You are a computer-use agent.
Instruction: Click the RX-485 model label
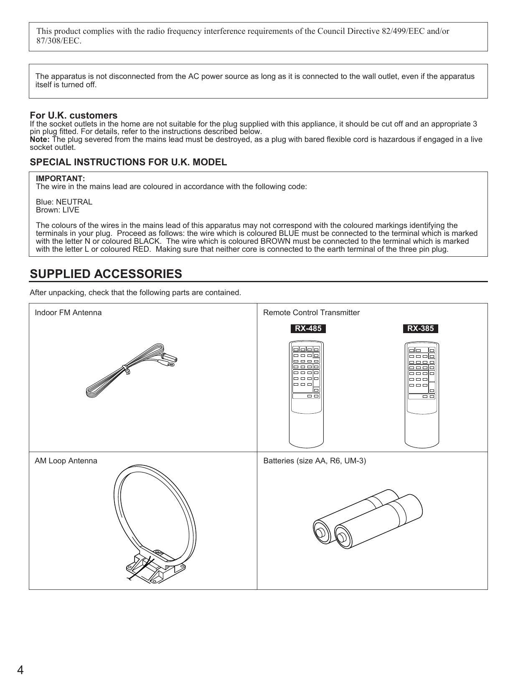(x=308, y=329)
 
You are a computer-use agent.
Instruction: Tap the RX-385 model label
(x=420, y=329)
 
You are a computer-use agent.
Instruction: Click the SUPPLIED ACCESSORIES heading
(x=106, y=274)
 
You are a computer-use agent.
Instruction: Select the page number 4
(x=20, y=670)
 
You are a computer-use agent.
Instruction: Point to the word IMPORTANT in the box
(x=60, y=179)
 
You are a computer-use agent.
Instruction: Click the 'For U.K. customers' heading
(x=74, y=115)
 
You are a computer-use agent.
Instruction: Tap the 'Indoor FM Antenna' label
(x=68, y=313)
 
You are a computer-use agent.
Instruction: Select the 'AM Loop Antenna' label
(x=66, y=461)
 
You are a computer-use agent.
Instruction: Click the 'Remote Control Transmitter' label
(x=311, y=313)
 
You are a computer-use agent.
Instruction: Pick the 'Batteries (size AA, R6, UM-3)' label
(x=315, y=461)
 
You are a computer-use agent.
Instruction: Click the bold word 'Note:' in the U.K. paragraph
(x=40, y=139)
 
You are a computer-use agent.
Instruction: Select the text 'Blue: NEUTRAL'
(x=64, y=202)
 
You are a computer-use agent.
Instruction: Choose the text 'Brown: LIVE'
(x=58, y=210)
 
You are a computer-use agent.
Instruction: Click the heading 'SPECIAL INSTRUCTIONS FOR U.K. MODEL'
(x=128, y=162)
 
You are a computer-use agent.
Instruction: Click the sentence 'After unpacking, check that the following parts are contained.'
(x=135, y=293)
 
